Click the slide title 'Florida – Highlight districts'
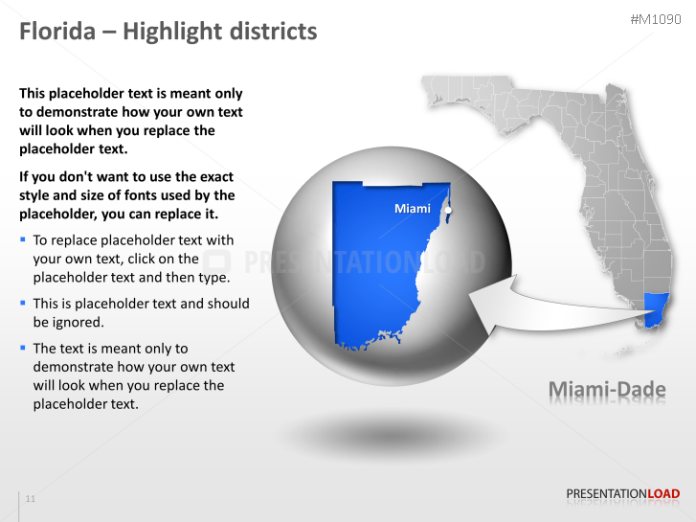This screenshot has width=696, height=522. pyautogui.click(x=168, y=32)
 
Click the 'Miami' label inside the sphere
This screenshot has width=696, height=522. pyautogui.click(x=413, y=208)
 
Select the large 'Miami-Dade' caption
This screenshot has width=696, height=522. pyautogui.click(x=607, y=390)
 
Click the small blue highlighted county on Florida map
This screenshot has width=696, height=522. pyautogui.click(x=656, y=307)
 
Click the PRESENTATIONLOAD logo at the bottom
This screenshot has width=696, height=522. pyautogui.click(x=622, y=494)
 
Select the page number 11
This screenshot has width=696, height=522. pyautogui.click(x=31, y=499)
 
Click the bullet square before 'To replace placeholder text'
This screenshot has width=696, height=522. pyautogui.click(x=23, y=238)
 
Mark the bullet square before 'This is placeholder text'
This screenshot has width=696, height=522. pyautogui.click(x=23, y=302)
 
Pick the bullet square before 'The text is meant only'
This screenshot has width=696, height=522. pyautogui.click(x=23, y=348)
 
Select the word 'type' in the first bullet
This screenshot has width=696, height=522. pyautogui.click(x=212, y=278)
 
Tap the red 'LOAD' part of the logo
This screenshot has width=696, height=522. pyautogui.click(x=663, y=494)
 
